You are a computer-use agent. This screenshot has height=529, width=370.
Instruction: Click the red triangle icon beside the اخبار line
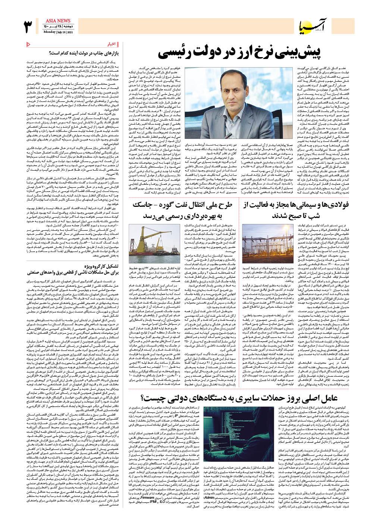coord(29,44)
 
